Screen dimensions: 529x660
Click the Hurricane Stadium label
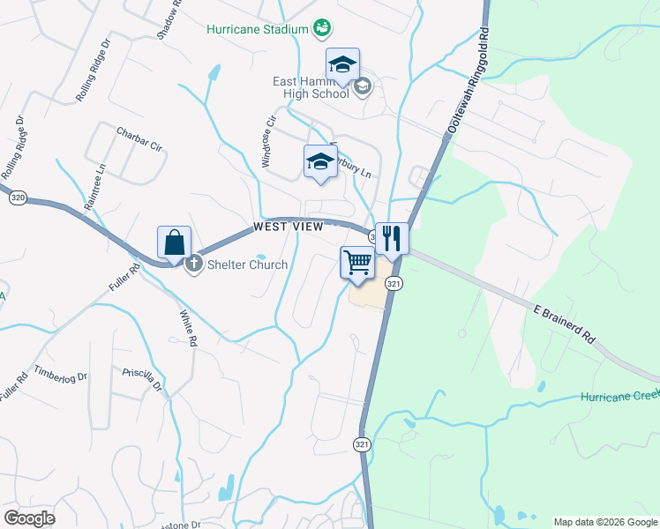(257, 28)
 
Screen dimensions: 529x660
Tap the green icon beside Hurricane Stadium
(323, 28)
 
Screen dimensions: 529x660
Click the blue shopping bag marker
(175, 243)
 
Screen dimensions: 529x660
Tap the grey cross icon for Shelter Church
(194, 264)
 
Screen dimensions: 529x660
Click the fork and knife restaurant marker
(392, 238)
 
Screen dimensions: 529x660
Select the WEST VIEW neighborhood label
(288, 227)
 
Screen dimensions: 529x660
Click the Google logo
(29, 518)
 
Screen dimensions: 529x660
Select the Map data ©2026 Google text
(604, 522)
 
